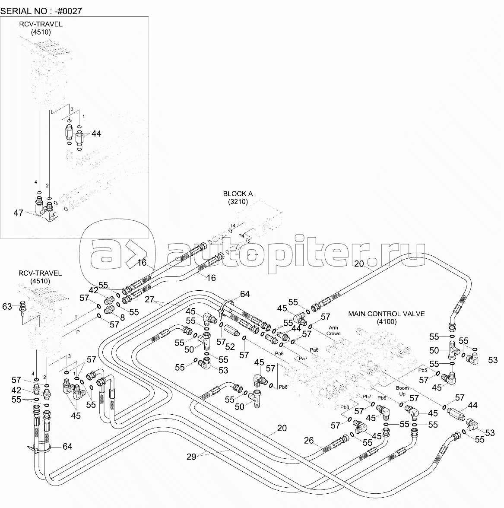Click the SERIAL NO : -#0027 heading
[x=41, y=11]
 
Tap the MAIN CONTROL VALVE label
[x=387, y=314]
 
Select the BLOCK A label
[x=238, y=194]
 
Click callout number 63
[x=7, y=306]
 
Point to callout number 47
[x=18, y=213]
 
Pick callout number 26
[x=309, y=440]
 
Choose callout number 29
[x=191, y=457]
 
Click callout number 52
[x=230, y=346]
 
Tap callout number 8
[x=122, y=318]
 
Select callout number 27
[x=149, y=299]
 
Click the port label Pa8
[x=279, y=353]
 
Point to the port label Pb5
[x=422, y=370]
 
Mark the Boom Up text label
[x=403, y=391]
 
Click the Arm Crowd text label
[x=333, y=330]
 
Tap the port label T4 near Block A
[x=232, y=225]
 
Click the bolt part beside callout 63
[x=22, y=307]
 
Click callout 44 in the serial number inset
[x=96, y=133]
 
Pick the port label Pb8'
[x=283, y=387]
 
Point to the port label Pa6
[x=314, y=350]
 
